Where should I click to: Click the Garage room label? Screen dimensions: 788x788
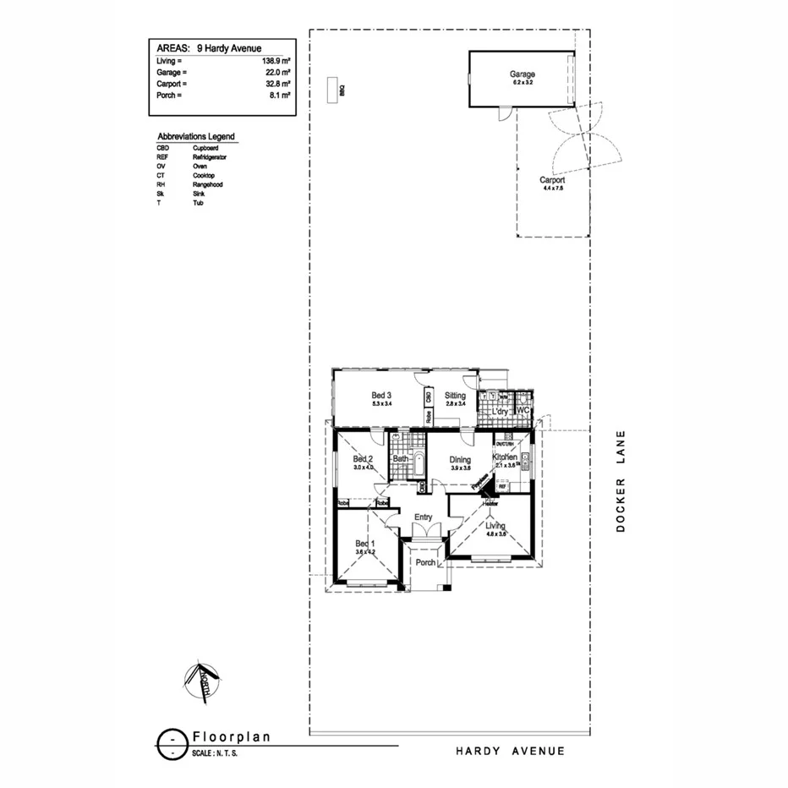coord(522,74)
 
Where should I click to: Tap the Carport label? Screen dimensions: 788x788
coord(552,180)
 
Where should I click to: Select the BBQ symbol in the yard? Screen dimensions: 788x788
coord(334,90)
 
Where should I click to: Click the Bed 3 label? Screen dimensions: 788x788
coord(381,395)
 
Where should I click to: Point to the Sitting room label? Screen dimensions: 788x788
coord(455,395)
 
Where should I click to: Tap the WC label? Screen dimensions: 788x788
coord(522,411)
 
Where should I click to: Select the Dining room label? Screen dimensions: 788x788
coord(460,459)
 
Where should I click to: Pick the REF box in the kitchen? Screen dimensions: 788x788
coord(502,487)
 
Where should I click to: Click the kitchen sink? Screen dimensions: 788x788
coord(525,461)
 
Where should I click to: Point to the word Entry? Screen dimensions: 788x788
coord(424,517)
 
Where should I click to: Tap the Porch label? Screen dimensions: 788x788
coord(426,562)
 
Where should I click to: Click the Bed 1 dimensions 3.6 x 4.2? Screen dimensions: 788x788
coord(364,552)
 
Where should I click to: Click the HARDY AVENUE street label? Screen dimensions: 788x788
coord(510,751)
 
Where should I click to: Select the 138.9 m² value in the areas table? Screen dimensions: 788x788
coord(276,62)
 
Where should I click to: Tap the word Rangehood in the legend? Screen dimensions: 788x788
coord(207,184)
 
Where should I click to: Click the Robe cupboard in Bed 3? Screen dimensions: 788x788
coord(429,416)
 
